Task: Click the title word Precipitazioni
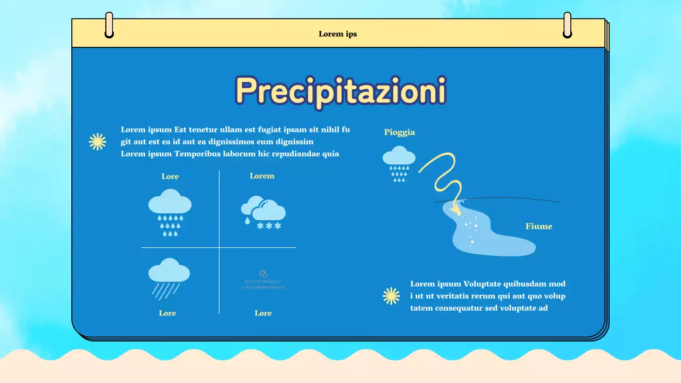[x=340, y=91]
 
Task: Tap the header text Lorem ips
[x=338, y=34]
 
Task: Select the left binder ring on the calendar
[x=109, y=25]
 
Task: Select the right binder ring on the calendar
[x=567, y=25]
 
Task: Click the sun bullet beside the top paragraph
[x=97, y=141]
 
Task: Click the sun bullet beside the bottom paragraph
[x=391, y=296]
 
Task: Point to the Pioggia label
[x=399, y=132]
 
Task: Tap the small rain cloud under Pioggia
[x=399, y=163]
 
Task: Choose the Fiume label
[x=538, y=227]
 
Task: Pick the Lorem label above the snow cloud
[x=262, y=176]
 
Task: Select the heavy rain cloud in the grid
[x=170, y=212]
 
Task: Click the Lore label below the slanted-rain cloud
[x=167, y=313]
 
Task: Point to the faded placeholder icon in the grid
[x=263, y=280]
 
